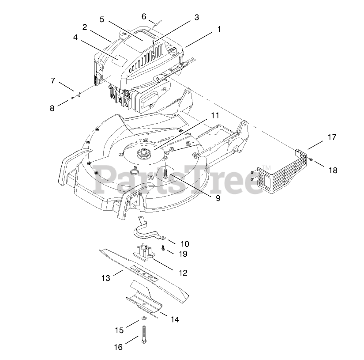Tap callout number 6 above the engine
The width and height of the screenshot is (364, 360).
tap(144, 16)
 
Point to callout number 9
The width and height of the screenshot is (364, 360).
tap(218, 198)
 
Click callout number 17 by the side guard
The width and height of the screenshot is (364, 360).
tap(331, 137)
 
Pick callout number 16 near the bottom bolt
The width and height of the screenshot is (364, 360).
tap(118, 347)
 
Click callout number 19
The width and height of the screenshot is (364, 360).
tap(183, 254)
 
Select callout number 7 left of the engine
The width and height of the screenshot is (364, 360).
tap(53, 80)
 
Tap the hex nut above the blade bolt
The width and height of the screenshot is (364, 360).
tap(144, 319)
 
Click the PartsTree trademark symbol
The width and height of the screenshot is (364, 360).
tap(266, 167)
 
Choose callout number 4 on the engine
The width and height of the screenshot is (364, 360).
tap(75, 38)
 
